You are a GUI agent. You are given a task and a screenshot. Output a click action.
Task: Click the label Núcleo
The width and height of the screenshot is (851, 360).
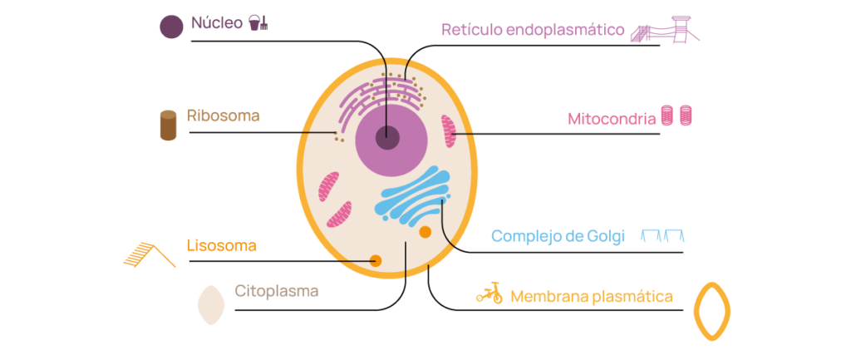tap(217, 23)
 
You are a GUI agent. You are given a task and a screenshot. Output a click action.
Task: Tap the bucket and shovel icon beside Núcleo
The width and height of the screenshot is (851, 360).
tap(258, 22)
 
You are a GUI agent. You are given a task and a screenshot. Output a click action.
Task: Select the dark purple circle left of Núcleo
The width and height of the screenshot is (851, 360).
tap(171, 27)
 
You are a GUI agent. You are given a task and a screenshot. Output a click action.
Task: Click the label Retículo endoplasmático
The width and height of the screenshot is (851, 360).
tap(533, 29)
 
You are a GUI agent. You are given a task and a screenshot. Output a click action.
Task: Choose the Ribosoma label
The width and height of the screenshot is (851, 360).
tap(223, 116)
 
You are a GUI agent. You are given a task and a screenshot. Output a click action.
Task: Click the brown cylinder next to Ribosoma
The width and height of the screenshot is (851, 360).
tap(168, 126)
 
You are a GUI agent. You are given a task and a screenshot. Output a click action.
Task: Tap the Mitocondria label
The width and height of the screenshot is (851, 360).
tap(612, 119)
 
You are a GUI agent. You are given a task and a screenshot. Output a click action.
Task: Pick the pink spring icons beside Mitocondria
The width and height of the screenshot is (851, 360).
tap(677, 116)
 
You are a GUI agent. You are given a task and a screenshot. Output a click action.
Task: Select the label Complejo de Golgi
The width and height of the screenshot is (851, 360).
tap(558, 236)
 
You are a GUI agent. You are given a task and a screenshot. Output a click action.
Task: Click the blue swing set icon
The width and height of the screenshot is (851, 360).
tap(662, 235)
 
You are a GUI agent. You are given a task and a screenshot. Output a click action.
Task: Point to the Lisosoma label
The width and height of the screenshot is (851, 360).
tap(221, 246)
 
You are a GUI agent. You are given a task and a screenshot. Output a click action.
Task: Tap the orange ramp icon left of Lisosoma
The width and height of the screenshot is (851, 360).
tap(150, 254)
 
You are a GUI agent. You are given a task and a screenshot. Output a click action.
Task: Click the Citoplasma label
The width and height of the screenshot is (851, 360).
tap(276, 291)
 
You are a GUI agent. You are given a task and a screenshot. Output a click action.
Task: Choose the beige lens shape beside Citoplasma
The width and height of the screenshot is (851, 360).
tap(210, 305)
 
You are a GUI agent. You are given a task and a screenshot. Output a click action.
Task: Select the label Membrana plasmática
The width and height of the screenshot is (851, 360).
tap(592, 297)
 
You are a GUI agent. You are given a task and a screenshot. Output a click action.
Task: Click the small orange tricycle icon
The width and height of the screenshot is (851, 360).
tap(489, 293)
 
